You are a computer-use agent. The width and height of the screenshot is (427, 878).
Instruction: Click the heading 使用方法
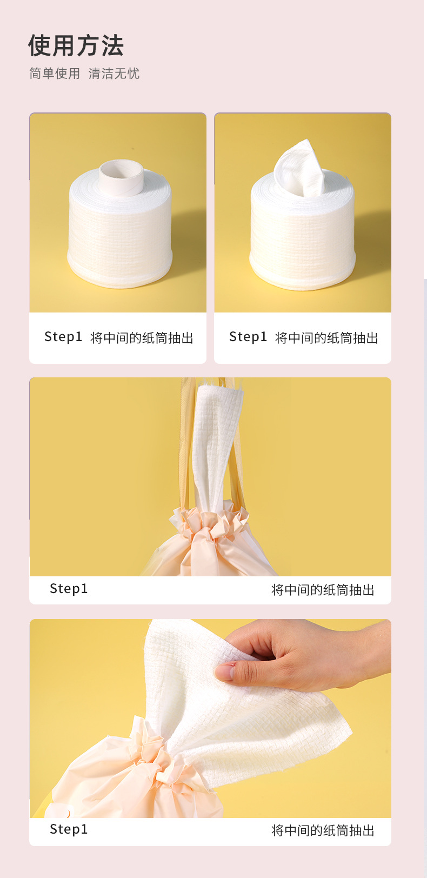pyautogui.click(x=76, y=46)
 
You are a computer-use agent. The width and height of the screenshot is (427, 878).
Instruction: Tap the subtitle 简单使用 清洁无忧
pyautogui.click(x=84, y=74)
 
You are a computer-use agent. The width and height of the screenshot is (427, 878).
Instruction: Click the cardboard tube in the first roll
pyautogui.click(x=121, y=177)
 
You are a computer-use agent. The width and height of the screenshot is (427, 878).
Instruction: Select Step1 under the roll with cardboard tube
pyautogui.click(x=63, y=337)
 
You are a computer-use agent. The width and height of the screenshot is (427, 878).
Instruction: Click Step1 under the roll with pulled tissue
pyautogui.click(x=248, y=337)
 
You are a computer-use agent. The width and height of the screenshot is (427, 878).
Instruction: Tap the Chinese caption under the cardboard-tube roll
pyautogui.click(x=142, y=338)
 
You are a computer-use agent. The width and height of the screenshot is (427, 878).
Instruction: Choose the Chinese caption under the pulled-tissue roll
pyautogui.click(x=326, y=338)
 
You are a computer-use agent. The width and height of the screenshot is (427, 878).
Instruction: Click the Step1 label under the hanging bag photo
pyautogui.click(x=69, y=589)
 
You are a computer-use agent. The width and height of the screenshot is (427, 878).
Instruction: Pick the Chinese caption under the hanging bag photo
pyautogui.click(x=323, y=590)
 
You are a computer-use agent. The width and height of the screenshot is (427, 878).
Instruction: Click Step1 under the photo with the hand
pyautogui.click(x=69, y=829)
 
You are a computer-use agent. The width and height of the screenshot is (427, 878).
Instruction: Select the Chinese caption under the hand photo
pyautogui.click(x=323, y=830)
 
